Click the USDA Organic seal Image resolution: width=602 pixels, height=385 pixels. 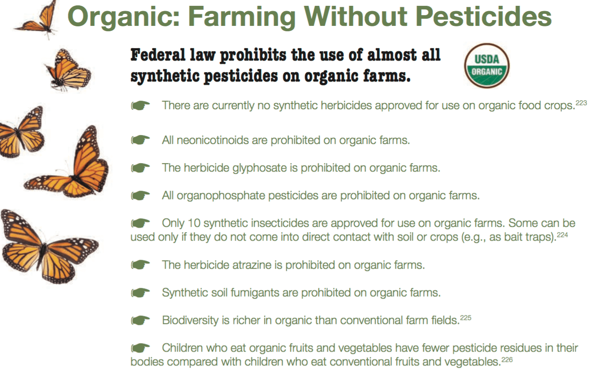point(487,66)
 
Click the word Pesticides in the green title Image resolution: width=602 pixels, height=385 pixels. point(484,16)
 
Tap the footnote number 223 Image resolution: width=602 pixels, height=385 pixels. point(581,103)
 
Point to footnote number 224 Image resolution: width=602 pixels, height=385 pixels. point(562,235)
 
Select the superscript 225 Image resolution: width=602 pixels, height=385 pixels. point(466,318)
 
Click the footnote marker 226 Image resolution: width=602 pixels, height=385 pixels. point(507,360)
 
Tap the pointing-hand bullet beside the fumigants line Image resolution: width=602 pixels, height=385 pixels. point(140,293)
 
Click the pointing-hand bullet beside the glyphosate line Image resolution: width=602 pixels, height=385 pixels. point(140,168)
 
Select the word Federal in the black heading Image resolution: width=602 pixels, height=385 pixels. point(158,55)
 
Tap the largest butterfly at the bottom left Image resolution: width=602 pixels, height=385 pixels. point(48,247)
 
